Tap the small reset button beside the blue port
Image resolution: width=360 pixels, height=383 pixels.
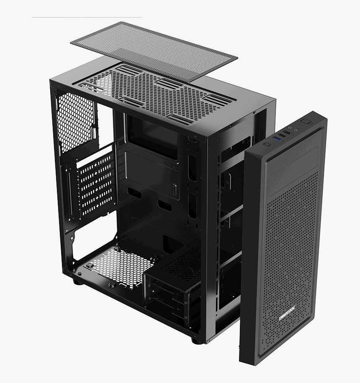(x=266, y=144)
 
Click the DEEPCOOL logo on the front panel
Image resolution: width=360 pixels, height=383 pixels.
(x=287, y=313)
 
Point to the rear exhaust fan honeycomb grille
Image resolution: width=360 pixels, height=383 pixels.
(x=75, y=121)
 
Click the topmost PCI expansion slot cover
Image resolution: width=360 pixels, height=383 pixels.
(x=96, y=161)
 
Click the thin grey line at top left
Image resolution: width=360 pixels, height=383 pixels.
(x=87, y=17)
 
